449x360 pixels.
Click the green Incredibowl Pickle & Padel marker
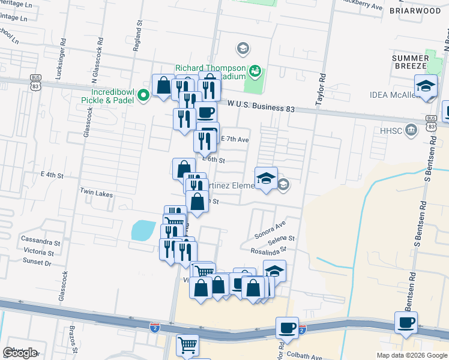143,95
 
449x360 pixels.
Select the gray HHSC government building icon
411,129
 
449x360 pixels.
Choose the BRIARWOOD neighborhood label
415,11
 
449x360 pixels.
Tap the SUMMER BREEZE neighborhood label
410,62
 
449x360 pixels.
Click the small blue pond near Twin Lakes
143,230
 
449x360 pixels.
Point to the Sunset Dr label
37,262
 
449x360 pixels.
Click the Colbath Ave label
304,356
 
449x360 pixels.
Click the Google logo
20,353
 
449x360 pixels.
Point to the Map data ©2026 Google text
411,355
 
